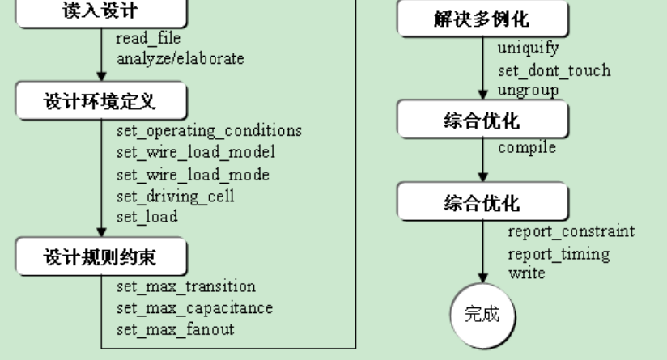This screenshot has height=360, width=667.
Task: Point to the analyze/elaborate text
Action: pos(180,58)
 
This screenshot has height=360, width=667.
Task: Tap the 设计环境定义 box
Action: pos(100,106)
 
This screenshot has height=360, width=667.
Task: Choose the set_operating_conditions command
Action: pos(209,132)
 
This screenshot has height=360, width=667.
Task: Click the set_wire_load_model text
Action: pos(196,154)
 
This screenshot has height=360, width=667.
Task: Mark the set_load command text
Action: pos(147,217)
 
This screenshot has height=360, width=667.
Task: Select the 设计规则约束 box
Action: pos(100,259)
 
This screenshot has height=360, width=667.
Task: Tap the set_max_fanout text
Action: pos(175,329)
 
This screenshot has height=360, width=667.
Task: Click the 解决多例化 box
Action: pos(482,19)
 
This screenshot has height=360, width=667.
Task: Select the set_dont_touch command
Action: pos(554,70)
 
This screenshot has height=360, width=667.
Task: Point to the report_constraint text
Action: pos(571,232)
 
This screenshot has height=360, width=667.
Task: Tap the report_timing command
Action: pos(559,254)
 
